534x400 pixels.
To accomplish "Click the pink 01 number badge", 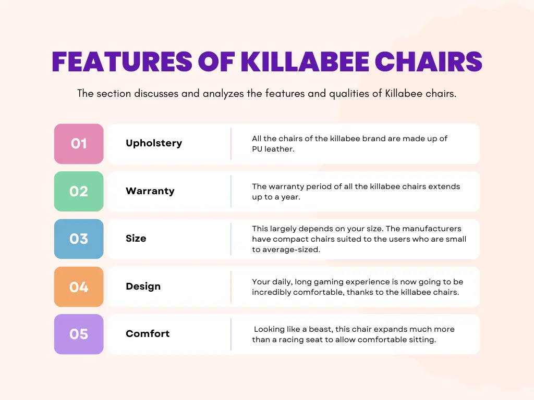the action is tap(79, 144).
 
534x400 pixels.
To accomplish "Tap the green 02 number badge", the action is tap(79, 191).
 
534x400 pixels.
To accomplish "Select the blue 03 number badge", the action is tap(79, 239).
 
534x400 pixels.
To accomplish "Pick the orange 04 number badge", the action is tap(79, 287).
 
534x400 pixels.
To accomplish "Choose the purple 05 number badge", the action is tap(79, 334).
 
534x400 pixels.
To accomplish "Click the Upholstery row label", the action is tap(154, 143).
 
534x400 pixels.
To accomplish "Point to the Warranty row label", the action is tap(150, 191).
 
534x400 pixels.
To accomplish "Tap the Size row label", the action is tap(136, 239).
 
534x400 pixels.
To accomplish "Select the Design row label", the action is tap(143, 286).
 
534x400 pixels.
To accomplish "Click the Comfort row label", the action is tap(148, 334).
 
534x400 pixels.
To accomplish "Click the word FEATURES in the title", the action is tap(122, 61).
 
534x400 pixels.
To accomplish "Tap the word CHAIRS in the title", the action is tap(429, 61).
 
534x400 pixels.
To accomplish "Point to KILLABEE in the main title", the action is tap(305, 61).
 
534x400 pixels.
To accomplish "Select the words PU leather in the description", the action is tap(273, 149).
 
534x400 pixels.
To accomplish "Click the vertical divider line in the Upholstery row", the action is tap(231, 144).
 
